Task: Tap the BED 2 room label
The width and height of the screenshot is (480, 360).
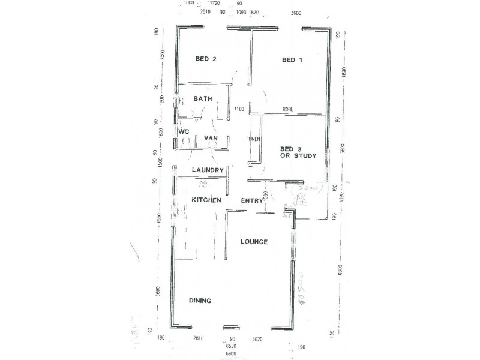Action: pos(206,59)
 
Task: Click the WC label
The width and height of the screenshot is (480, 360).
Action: pos(184,131)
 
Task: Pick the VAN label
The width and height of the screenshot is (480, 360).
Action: pos(210,138)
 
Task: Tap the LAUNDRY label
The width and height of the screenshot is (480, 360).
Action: pos(208,170)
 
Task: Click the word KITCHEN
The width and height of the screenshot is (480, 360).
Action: pos(206,200)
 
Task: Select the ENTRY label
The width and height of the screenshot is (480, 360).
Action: pos(252,201)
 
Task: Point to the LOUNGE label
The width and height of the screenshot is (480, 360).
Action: pos(253,242)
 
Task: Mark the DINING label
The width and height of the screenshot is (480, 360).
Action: pos(200,301)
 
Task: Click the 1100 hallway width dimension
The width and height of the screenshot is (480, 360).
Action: pos(239,109)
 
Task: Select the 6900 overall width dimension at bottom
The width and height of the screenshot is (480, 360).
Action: pos(230,354)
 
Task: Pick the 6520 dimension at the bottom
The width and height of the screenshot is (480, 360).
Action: pos(230,347)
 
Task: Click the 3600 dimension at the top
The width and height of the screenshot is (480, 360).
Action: pos(295,13)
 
